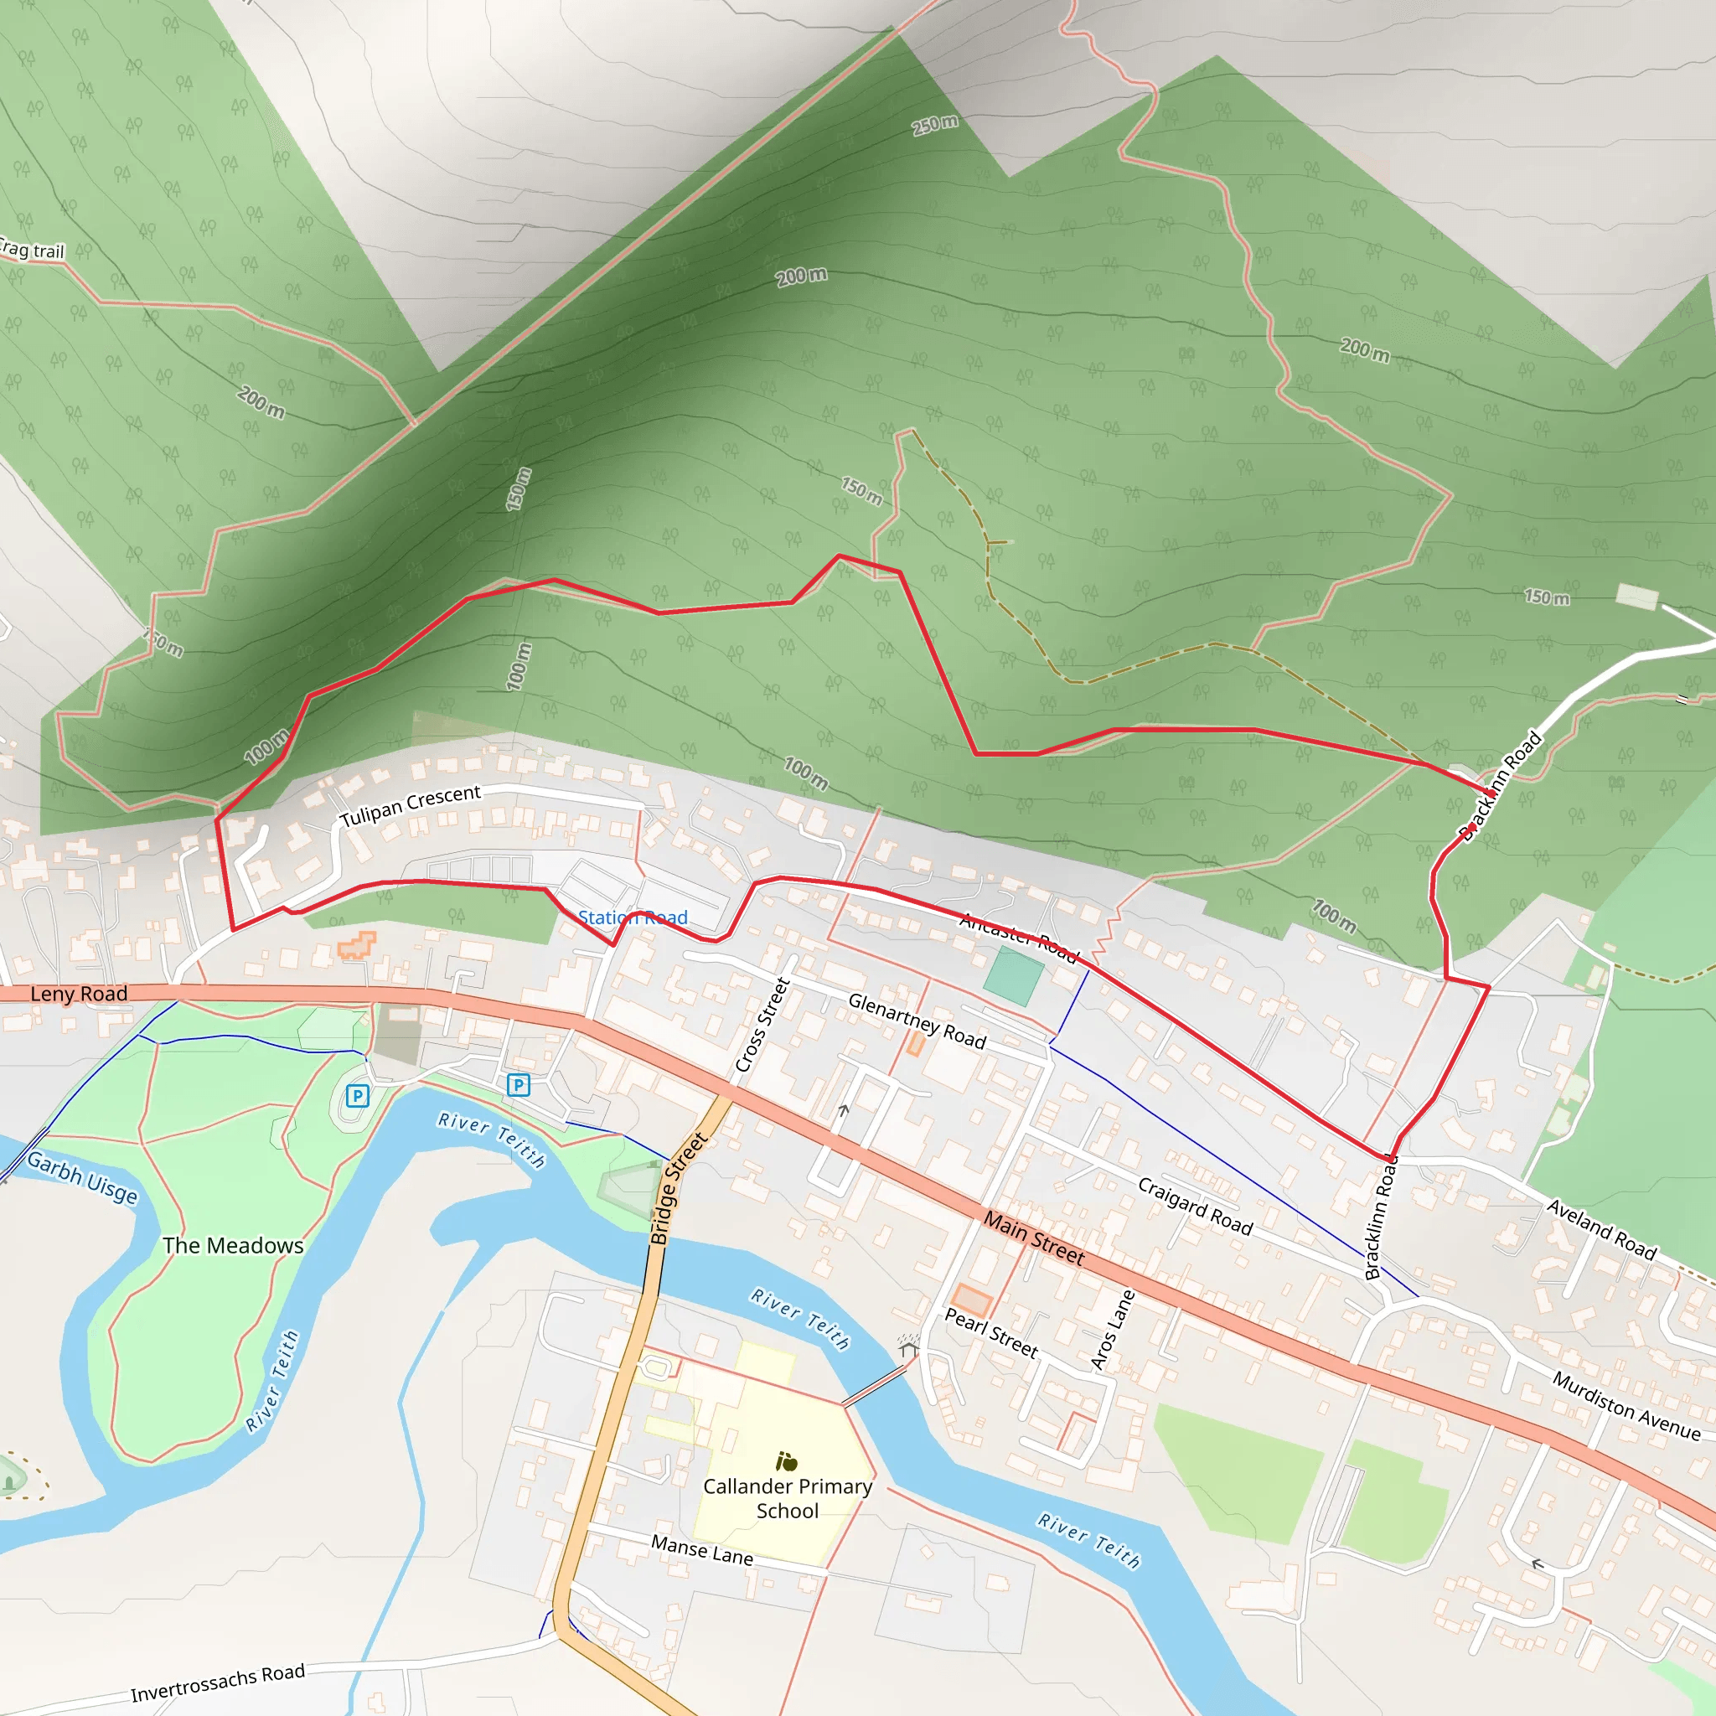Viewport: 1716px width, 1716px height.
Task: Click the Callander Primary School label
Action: tap(787, 1498)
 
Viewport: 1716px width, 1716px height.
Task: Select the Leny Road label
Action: tap(79, 994)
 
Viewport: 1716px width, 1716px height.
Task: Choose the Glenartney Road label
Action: tap(917, 1021)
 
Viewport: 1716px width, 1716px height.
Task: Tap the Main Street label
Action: tap(1033, 1238)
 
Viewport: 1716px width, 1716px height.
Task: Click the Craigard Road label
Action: tap(1195, 1207)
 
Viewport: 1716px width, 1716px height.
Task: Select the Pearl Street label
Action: tap(990, 1332)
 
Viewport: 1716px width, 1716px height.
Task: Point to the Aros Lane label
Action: tap(1112, 1329)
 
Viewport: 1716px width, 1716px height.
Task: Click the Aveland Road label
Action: tap(1601, 1229)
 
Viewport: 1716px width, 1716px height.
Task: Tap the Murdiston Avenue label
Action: tap(1626, 1405)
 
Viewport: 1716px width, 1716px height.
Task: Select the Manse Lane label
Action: tap(701, 1550)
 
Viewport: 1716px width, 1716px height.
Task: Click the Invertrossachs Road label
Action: tap(218, 1683)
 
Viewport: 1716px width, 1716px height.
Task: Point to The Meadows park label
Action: tap(233, 1245)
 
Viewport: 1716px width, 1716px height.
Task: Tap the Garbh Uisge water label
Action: tap(83, 1177)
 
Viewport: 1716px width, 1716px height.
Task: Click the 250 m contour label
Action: tap(935, 124)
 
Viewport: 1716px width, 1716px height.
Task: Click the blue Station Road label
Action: tap(633, 917)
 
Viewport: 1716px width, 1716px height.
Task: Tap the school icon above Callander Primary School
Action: tap(786, 1461)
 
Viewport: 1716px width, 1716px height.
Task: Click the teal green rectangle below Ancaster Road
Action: tap(1014, 976)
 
